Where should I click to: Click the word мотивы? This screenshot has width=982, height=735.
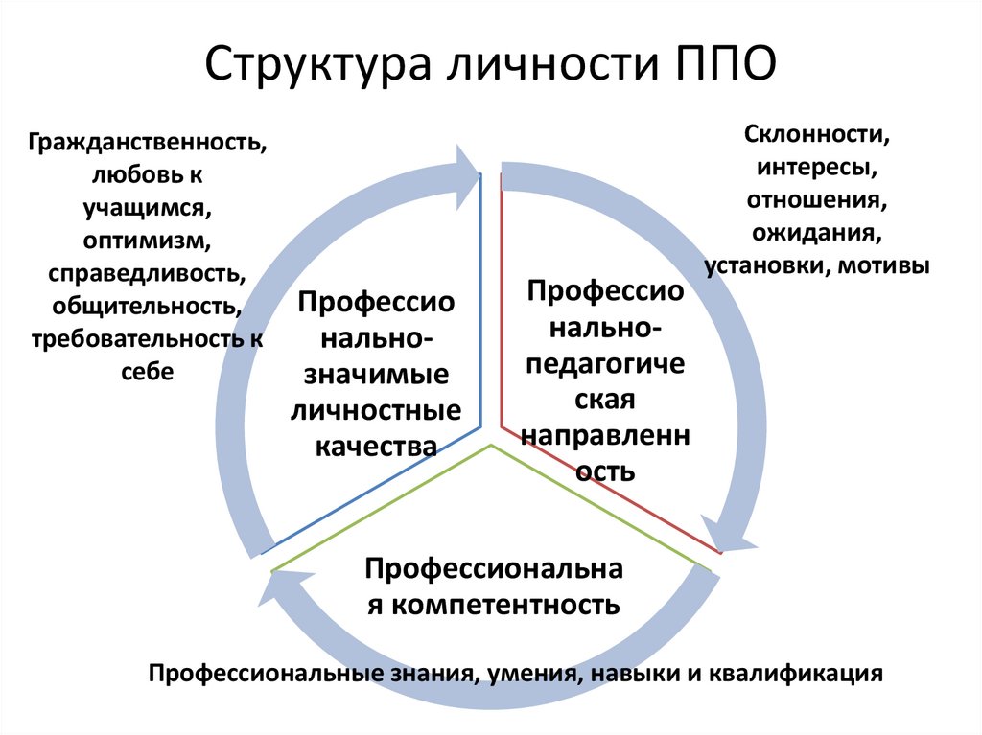[883, 264]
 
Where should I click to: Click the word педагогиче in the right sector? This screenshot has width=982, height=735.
[605, 363]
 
